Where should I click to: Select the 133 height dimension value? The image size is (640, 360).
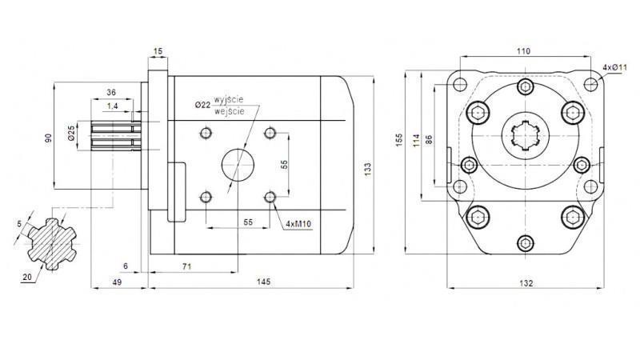coord(367,169)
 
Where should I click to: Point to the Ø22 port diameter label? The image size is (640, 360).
coord(202,104)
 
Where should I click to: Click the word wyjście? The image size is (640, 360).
coord(228,98)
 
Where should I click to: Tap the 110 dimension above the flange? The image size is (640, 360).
coord(523,51)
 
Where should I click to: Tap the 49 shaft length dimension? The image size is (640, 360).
coord(116,282)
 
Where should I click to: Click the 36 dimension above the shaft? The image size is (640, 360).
coord(112,92)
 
